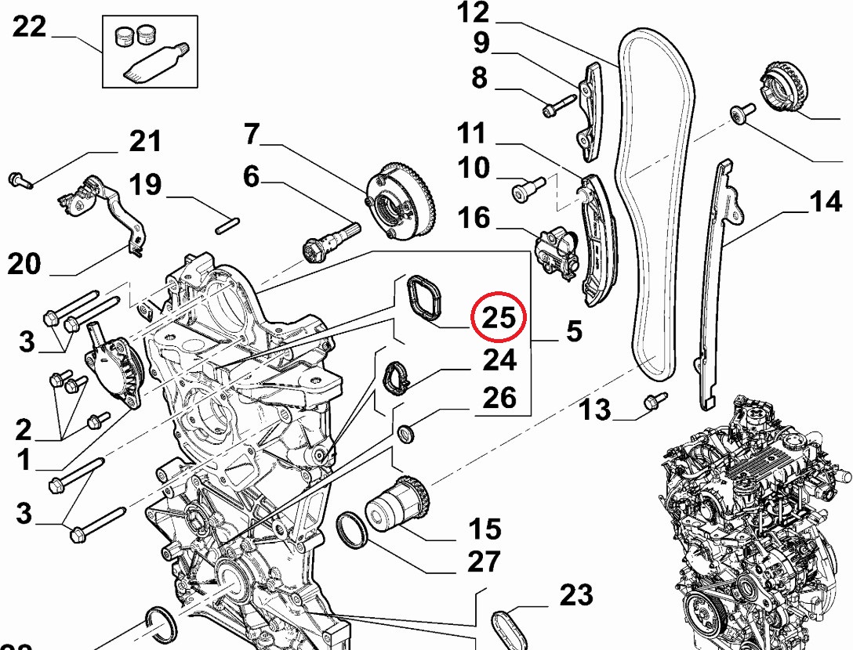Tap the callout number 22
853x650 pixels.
(x=30, y=28)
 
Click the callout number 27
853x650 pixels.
(x=484, y=562)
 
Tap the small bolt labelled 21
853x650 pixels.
(x=19, y=181)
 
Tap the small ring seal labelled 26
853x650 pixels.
(x=407, y=433)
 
